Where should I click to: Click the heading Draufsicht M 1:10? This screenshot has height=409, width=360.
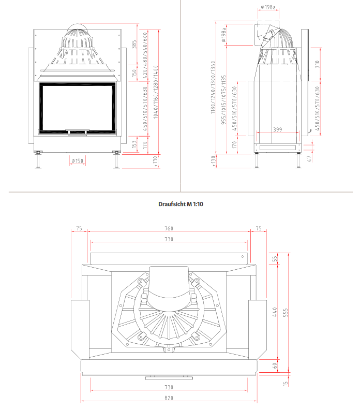click(x=181, y=204)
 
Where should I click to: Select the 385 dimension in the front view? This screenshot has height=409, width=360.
click(x=134, y=45)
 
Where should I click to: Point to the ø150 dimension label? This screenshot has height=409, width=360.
click(x=77, y=161)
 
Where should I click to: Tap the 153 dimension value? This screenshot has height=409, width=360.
click(x=134, y=143)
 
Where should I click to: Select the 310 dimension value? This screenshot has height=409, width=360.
click(x=318, y=64)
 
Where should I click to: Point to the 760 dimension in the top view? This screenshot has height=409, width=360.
click(x=169, y=228)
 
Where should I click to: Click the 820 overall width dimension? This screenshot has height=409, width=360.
click(x=169, y=398)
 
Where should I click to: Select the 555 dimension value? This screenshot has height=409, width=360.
click(x=285, y=314)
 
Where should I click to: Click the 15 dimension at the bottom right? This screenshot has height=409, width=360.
click(x=285, y=384)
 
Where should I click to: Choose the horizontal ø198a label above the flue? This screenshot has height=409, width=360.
click(x=268, y=7)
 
